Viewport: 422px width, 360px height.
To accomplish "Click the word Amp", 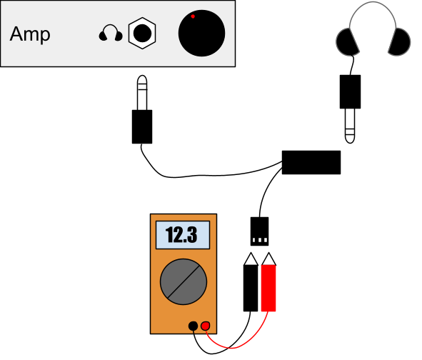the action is tap(30, 34).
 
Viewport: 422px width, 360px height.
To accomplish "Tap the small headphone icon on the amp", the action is tap(111, 33).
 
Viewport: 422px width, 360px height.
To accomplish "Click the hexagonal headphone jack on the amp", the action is tap(142, 33).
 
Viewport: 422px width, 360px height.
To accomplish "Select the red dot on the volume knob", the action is tap(193, 16).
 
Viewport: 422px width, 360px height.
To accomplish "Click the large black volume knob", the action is tap(201, 33).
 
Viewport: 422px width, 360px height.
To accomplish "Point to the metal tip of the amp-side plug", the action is tap(142, 92).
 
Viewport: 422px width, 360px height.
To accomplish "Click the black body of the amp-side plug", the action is tap(142, 126).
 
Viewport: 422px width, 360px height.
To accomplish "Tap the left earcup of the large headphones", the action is tap(347, 42).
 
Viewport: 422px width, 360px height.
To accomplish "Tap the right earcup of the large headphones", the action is tap(400, 42).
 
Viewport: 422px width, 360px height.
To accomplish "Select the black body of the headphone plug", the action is tap(350, 92).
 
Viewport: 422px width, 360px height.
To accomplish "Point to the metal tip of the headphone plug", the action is tap(350, 126).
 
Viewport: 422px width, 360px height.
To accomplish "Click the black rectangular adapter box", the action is tap(311, 162).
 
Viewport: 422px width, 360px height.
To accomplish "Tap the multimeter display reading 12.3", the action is tap(183, 235).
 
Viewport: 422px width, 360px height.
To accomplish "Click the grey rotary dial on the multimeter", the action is tap(184, 281).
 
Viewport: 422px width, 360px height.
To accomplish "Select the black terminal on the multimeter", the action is tap(193, 326).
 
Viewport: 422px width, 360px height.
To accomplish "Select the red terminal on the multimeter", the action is tap(206, 326).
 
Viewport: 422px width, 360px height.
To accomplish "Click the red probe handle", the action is tap(268, 288).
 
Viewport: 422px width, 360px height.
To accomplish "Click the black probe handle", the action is tap(251, 288).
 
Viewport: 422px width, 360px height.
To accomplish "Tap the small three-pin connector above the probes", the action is tap(259, 231).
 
